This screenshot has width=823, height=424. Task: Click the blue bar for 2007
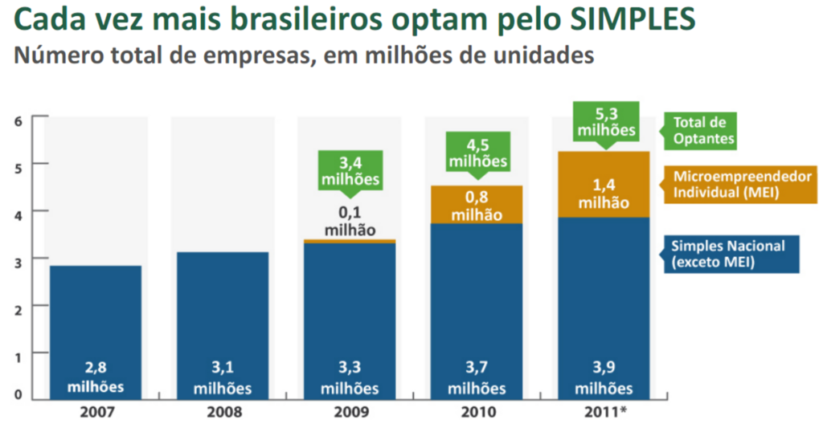tap(96, 321)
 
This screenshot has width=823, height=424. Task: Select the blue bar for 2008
tap(222, 313)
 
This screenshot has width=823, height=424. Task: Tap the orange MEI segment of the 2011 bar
tap(603, 184)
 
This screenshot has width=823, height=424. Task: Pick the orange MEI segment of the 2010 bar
tap(477, 205)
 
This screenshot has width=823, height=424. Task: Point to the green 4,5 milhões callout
tap(477, 153)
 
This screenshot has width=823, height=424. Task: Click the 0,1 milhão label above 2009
tap(350, 222)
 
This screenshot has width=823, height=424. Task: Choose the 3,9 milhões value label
tap(603, 378)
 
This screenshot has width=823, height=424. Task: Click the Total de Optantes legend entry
tap(700, 131)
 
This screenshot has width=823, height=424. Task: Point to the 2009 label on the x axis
tap(350, 413)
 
